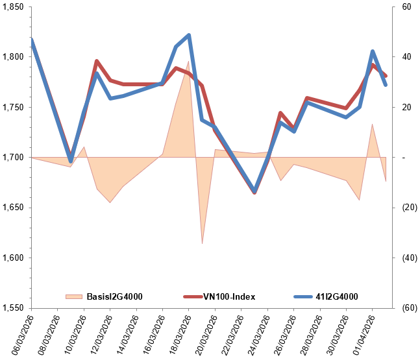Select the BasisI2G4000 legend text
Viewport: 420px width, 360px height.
[114, 297]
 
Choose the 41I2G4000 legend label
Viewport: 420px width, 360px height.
[337, 297]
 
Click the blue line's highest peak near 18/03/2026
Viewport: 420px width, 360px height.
[189, 35]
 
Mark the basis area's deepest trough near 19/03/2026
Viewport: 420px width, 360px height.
[202, 243]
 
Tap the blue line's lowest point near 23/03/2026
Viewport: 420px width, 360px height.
[254, 192]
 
